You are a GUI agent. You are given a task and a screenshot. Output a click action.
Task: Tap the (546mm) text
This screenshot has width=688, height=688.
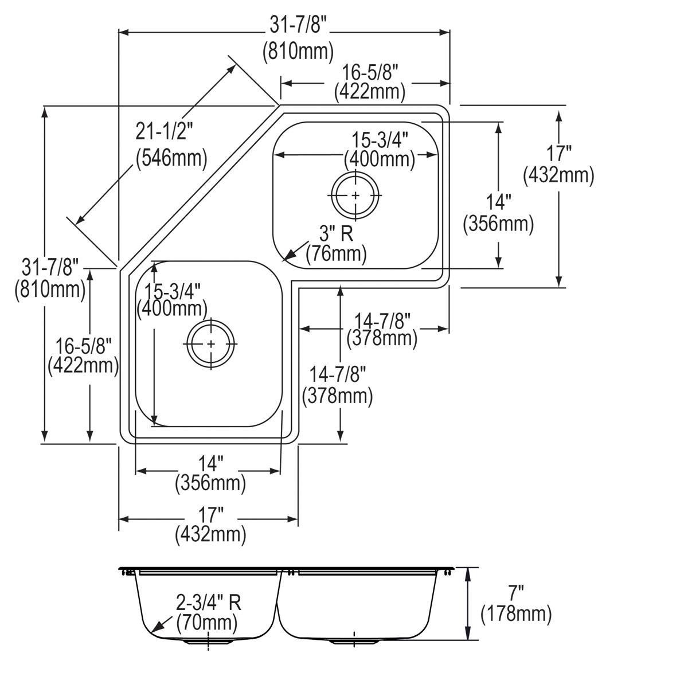coord(171,157)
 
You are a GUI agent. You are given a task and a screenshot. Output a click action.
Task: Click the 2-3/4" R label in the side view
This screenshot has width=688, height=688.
coord(209,603)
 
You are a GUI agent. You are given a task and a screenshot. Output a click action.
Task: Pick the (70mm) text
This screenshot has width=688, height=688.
coord(206,622)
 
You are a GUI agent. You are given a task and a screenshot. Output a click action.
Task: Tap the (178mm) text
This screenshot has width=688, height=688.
coord(516,615)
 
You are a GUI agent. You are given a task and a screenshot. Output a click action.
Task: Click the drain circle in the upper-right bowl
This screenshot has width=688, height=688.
coord(355,196)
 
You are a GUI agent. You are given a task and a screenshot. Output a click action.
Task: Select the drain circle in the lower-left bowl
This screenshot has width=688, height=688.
coord(212,343)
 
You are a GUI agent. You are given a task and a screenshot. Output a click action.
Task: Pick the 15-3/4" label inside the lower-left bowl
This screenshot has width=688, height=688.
coord(171,291)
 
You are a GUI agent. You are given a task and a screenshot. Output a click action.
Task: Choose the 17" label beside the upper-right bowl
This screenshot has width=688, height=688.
coord(558,154)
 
